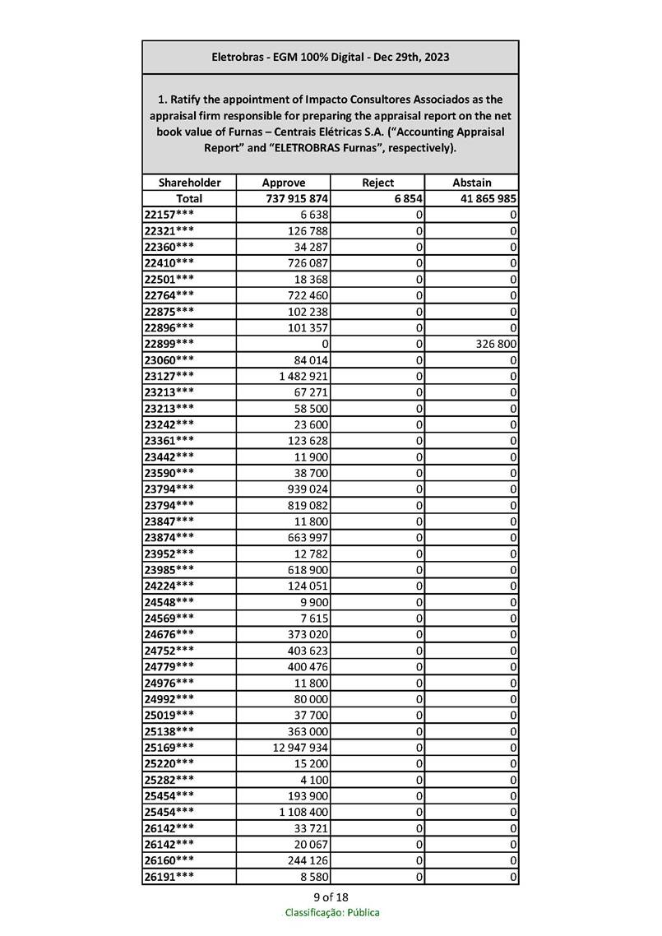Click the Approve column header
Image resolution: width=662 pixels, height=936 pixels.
(x=283, y=183)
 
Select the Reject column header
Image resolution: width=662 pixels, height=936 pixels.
(x=377, y=183)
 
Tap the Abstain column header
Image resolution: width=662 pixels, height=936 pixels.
(x=472, y=183)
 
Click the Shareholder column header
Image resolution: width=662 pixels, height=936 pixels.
(x=189, y=183)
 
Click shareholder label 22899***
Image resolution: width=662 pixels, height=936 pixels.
(x=169, y=343)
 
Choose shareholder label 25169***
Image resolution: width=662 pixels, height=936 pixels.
(x=169, y=747)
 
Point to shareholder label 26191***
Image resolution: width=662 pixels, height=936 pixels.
(x=169, y=876)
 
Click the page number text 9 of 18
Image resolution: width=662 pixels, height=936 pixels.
(x=331, y=897)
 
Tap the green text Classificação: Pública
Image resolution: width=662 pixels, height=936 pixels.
(x=331, y=912)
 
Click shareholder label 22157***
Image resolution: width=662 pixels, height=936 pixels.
(x=169, y=215)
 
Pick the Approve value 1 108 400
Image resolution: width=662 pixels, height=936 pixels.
(x=304, y=812)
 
